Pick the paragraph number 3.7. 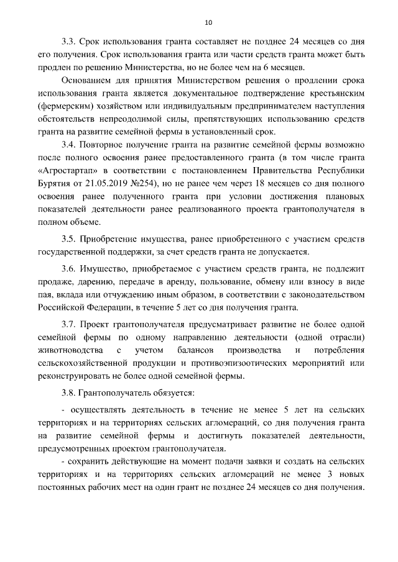point(69,324)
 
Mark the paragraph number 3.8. point(69,393)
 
